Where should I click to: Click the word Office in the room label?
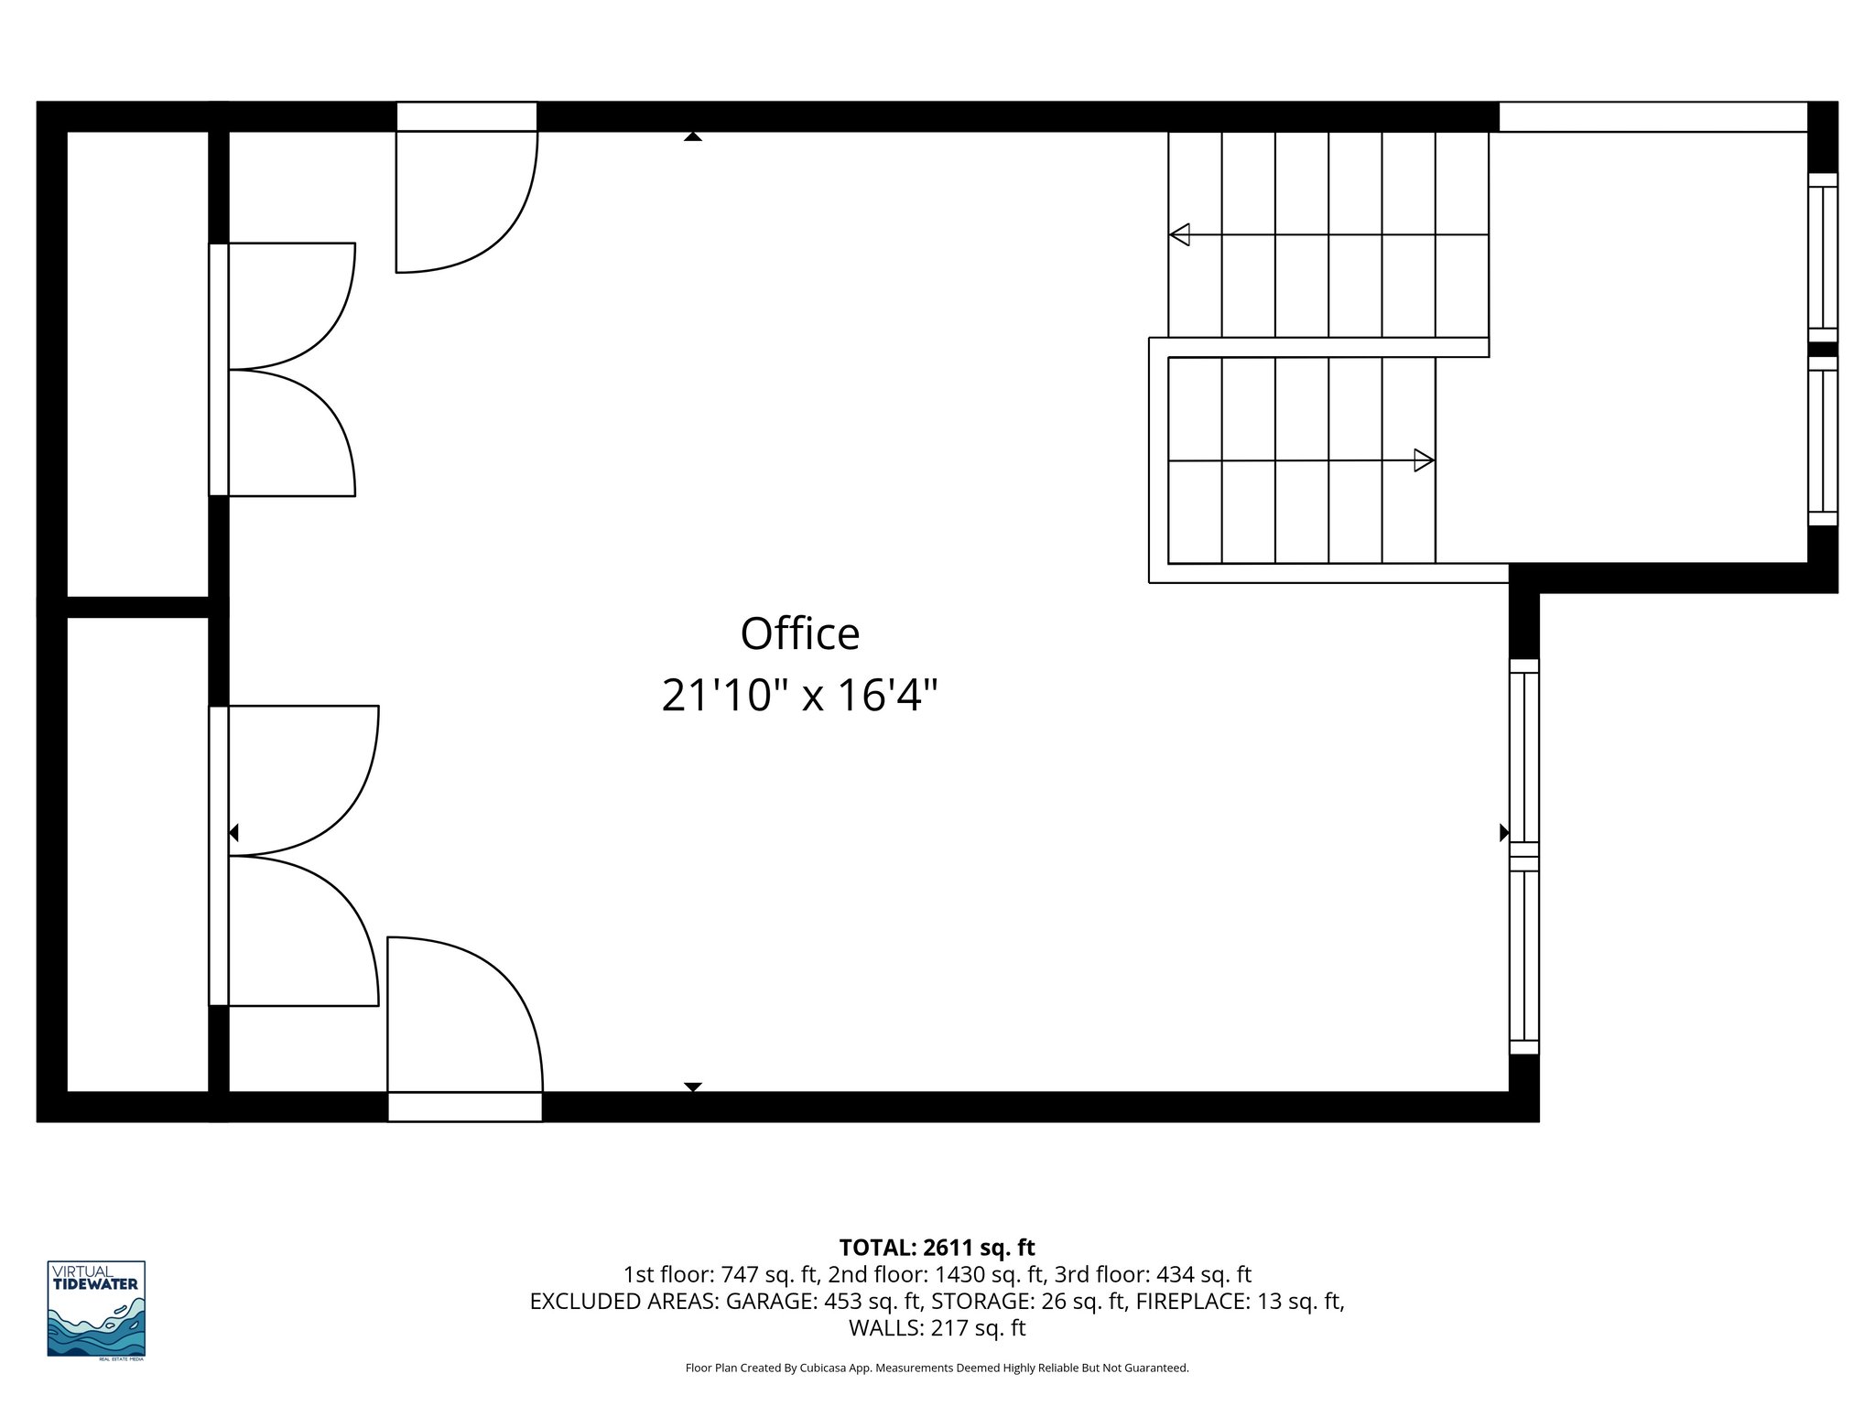[x=799, y=633]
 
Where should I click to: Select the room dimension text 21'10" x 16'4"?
[x=799, y=696]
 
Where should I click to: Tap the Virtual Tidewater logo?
[x=96, y=1309]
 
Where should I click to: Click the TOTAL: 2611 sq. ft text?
[x=937, y=1248]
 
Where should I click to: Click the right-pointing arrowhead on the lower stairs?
[x=1424, y=460]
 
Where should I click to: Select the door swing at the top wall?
[x=466, y=201]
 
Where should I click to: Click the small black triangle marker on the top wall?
[x=693, y=136]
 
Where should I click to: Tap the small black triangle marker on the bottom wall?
[x=693, y=1087]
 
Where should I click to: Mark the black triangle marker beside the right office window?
[x=1503, y=833]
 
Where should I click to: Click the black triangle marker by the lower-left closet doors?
[x=233, y=833]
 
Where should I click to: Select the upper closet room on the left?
[x=137, y=364]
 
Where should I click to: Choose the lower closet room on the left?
[x=137, y=853]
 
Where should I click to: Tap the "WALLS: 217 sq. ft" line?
[x=937, y=1328]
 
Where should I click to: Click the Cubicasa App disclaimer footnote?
[x=937, y=1368]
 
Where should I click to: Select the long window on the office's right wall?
[x=1524, y=857]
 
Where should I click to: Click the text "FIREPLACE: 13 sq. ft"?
[x=1238, y=1301]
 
